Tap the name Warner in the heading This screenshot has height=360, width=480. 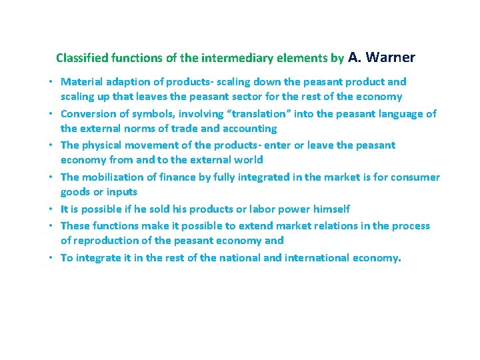[391, 57]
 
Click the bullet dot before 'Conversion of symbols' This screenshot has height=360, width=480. [51, 114]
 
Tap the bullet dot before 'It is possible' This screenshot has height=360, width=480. [51, 209]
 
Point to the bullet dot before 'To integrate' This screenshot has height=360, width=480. [51, 258]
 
